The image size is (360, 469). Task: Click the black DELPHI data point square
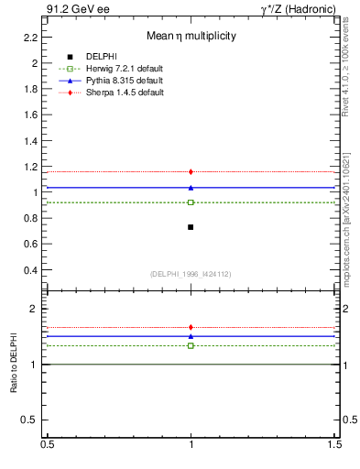tap(191, 226)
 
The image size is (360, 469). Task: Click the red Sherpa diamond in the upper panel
tap(191, 171)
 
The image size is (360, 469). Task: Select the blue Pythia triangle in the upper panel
tap(191, 187)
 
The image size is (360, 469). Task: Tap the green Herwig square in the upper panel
tap(191, 202)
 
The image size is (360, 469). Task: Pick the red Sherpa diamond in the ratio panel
tap(191, 327)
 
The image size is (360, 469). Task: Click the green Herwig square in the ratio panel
tap(191, 345)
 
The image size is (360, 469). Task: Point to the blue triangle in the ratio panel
tap(191, 336)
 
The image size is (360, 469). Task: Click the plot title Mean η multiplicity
tap(191, 37)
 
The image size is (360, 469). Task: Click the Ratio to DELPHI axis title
tap(14, 364)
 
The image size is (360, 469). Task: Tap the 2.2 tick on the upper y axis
tap(30, 38)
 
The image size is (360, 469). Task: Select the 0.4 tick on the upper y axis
tap(30, 270)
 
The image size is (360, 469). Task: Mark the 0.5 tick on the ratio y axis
tap(31, 420)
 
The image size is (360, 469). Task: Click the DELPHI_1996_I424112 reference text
tap(190, 274)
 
